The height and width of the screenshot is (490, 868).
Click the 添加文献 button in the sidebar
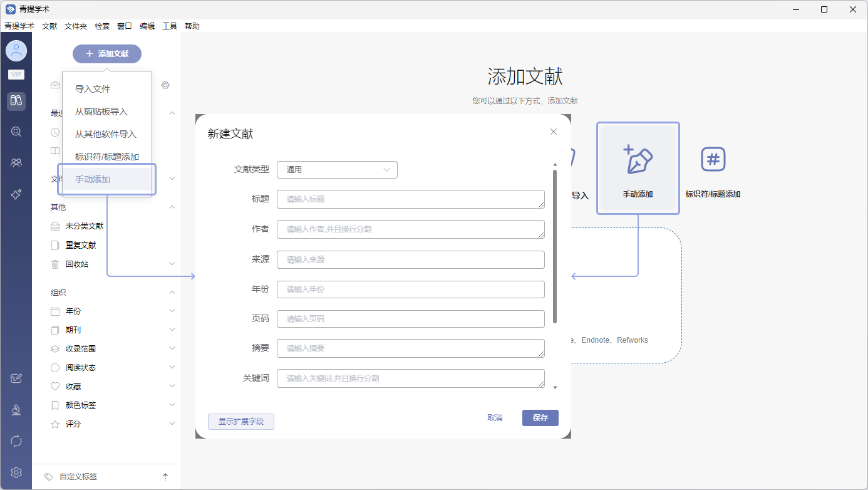point(107,53)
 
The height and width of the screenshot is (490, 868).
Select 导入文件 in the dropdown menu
point(93,89)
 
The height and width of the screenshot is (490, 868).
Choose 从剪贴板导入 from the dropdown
point(101,112)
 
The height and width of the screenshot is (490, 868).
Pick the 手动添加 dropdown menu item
point(93,179)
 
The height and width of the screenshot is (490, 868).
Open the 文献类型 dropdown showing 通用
point(337,170)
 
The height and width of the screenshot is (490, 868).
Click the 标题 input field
point(411,199)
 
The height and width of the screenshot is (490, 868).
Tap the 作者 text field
point(411,229)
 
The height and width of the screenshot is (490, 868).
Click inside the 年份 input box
point(411,289)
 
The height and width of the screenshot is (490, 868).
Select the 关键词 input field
point(411,378)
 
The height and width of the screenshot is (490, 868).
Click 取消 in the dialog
point(495,418)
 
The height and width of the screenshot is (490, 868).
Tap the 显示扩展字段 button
point(241,422)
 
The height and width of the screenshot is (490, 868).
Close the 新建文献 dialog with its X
point(554,132)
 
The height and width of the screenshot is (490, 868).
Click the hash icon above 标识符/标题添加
point(713,159)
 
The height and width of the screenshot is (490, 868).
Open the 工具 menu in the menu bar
point(169,26)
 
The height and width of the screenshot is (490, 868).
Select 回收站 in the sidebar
point(77,264)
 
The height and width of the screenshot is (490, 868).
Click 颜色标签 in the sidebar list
point(81,405)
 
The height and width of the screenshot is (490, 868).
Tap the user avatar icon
point(16,51)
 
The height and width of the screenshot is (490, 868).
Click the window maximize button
point(824,9)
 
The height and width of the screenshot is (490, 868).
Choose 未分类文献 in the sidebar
point(85,226)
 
